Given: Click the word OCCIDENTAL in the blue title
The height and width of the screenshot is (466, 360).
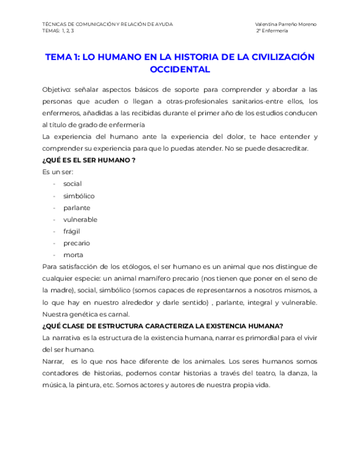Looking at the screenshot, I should [180, 70].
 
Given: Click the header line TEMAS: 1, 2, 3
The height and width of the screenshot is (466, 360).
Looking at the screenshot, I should [58, 31].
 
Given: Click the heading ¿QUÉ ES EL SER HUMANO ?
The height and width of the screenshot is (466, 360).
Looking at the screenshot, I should [88, 160].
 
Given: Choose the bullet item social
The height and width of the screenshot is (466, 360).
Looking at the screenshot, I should [73, 184].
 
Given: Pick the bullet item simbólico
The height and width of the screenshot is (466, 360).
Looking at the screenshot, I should [79, 196].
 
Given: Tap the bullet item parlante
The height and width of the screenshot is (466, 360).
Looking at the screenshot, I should [76, 208].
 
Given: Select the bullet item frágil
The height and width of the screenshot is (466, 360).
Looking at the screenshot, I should [72, 231].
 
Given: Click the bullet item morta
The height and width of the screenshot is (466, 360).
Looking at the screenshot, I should [73, 255].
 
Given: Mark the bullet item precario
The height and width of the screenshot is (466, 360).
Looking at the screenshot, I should [76, 243].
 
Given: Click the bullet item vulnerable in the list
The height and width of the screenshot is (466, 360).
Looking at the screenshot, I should [80, 219].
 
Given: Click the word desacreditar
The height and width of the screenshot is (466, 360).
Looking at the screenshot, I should [289, 148].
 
